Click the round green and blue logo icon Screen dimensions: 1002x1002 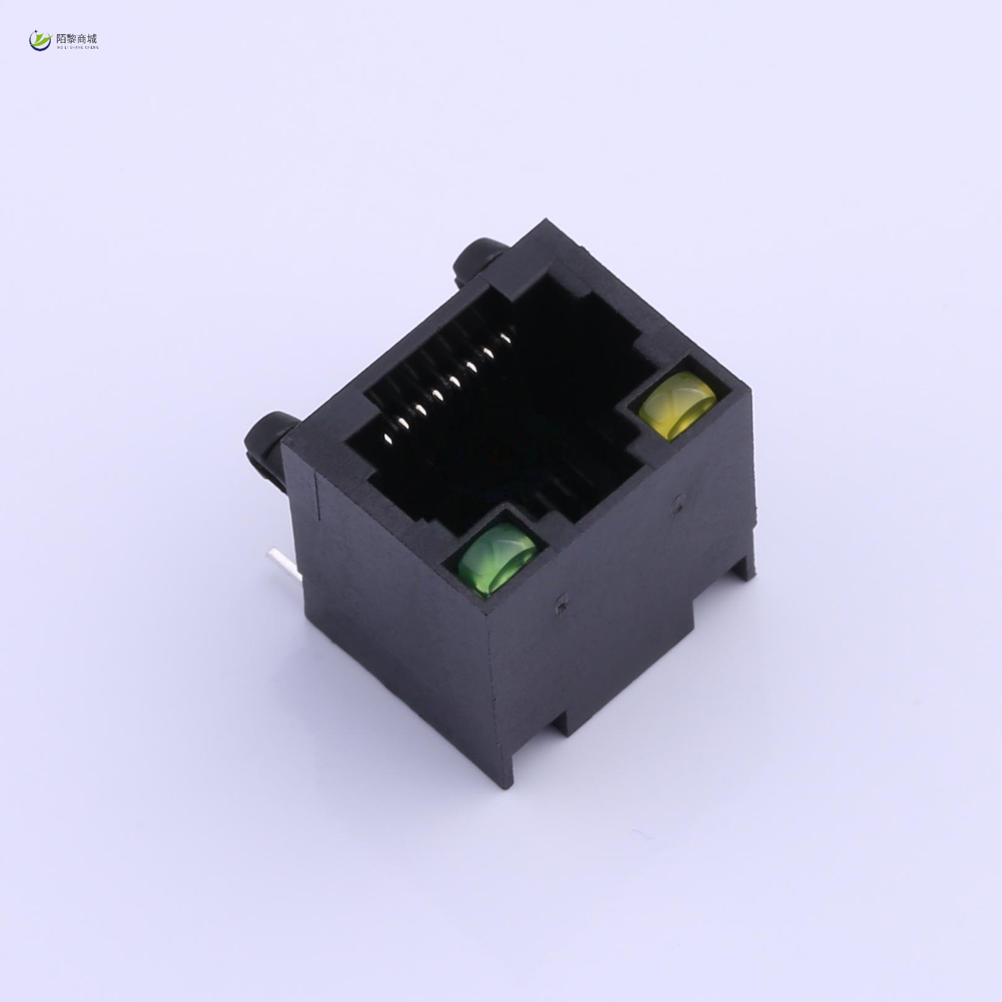pos(41,41)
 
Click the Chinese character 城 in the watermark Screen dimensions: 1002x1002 pos(92,38)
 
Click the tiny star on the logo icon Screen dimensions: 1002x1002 pos(35,34)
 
